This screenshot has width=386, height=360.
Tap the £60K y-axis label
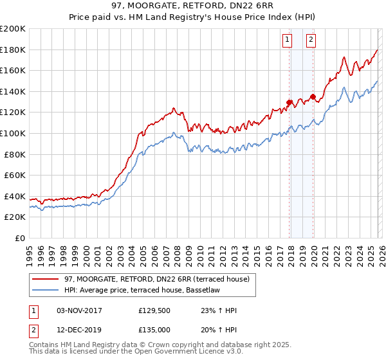coord(15,175)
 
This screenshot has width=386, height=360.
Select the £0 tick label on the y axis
coord(20,238)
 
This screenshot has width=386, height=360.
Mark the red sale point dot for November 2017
coord(289,102)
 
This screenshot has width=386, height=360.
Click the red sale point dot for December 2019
coord(313,97)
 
